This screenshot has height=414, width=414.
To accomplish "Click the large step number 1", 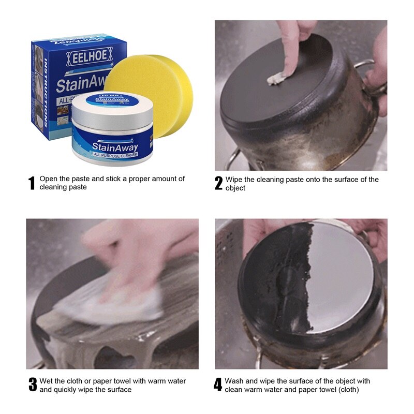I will click(32, 183).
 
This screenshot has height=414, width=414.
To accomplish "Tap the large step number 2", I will click(218, 183).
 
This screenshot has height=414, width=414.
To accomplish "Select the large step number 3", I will click(33, 385).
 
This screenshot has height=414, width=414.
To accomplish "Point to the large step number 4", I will click(218, 385).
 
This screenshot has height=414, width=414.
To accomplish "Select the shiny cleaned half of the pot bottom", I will click(342, 274).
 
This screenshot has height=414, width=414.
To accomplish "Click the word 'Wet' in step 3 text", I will click(47, 381).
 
